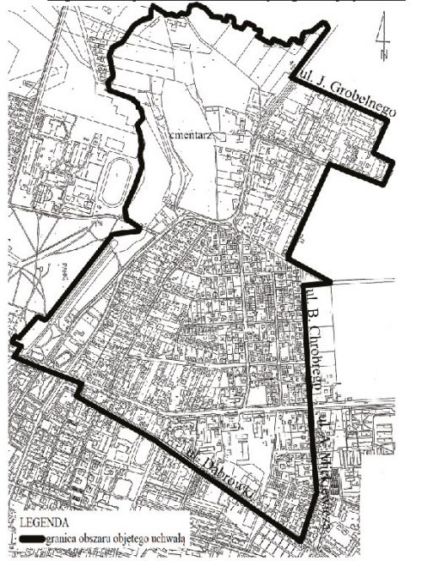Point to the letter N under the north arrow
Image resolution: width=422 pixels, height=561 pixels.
(x=383, y=56)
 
